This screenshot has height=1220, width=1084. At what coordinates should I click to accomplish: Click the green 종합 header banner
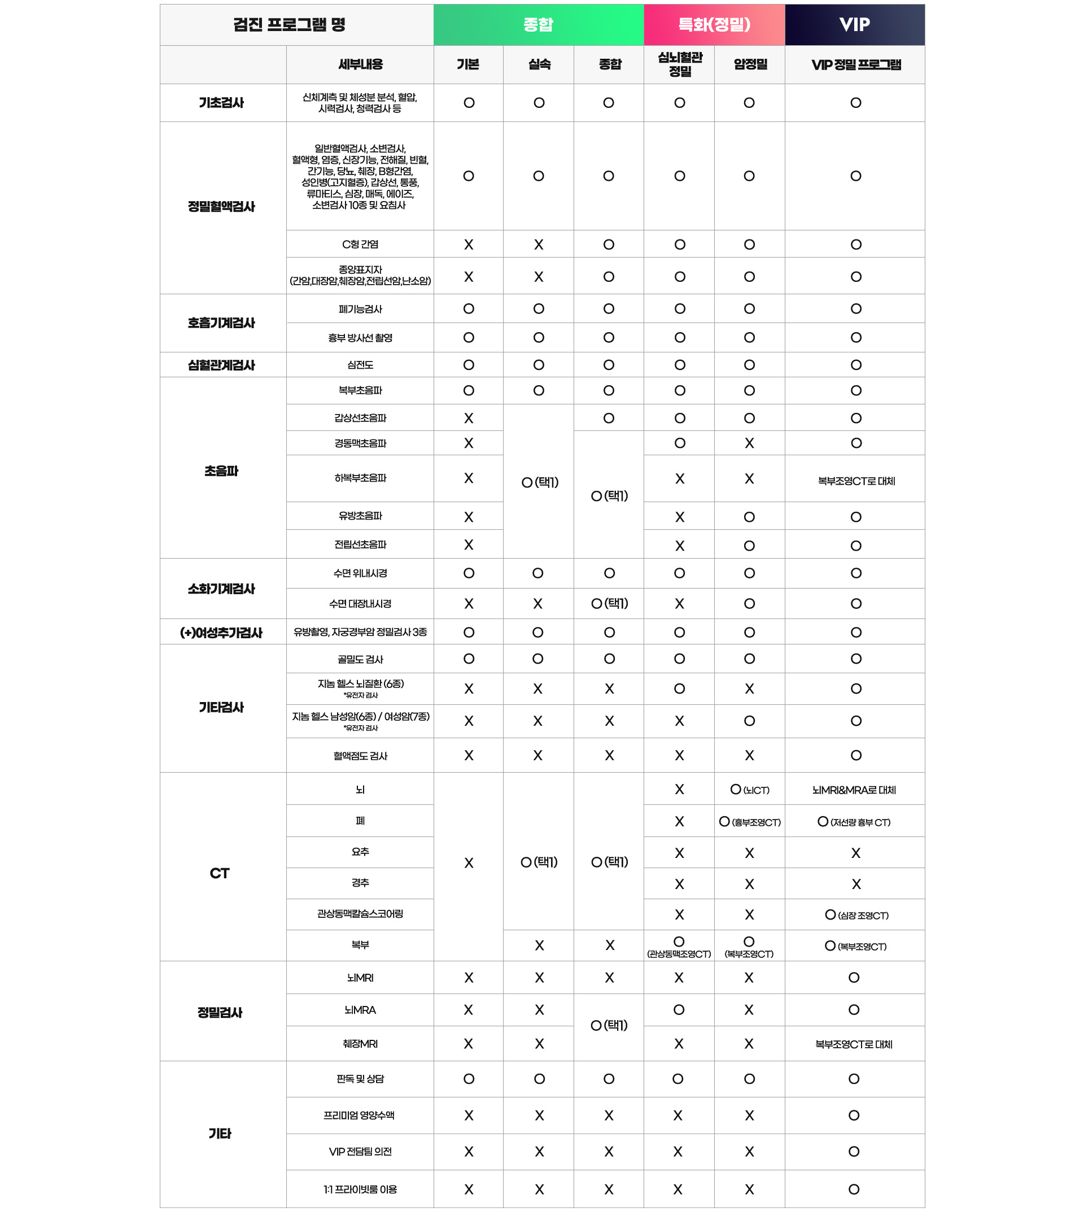[538, 24]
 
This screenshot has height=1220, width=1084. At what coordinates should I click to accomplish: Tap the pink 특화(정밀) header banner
[714, 24]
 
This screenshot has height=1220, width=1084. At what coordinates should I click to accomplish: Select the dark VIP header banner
[854, 24]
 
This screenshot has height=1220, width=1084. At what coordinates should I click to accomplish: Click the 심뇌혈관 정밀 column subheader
[680, 64]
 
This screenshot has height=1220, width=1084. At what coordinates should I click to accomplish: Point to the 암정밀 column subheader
[750, 64]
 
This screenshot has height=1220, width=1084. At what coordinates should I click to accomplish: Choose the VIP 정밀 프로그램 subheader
[855, 64]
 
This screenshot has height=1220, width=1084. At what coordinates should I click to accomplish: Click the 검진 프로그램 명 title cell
[290, 24]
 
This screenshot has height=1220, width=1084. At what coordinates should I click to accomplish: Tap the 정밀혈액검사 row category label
[222, 207]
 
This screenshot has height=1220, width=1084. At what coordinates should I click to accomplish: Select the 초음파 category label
[222, 471]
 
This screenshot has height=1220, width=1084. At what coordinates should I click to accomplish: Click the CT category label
[220, 873]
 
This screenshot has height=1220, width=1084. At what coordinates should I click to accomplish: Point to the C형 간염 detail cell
[360, 244]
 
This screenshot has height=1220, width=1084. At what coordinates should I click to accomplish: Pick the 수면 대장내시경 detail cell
[360, 603]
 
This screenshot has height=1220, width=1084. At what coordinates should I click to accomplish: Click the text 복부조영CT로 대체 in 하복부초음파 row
[856, 481]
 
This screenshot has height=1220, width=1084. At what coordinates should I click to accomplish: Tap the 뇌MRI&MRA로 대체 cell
[854, 790]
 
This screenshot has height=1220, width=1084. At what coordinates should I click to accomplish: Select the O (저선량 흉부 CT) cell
[854, 822]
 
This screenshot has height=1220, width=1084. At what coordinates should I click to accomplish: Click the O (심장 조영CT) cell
[856, 915]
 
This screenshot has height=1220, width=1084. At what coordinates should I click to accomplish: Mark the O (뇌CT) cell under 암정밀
[749, 790]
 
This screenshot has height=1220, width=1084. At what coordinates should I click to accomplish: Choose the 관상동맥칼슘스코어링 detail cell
[360, 914]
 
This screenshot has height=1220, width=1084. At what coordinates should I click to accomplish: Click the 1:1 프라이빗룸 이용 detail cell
[360, 1189]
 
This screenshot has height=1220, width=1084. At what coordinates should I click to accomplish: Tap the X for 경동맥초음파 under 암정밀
[749, 443]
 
